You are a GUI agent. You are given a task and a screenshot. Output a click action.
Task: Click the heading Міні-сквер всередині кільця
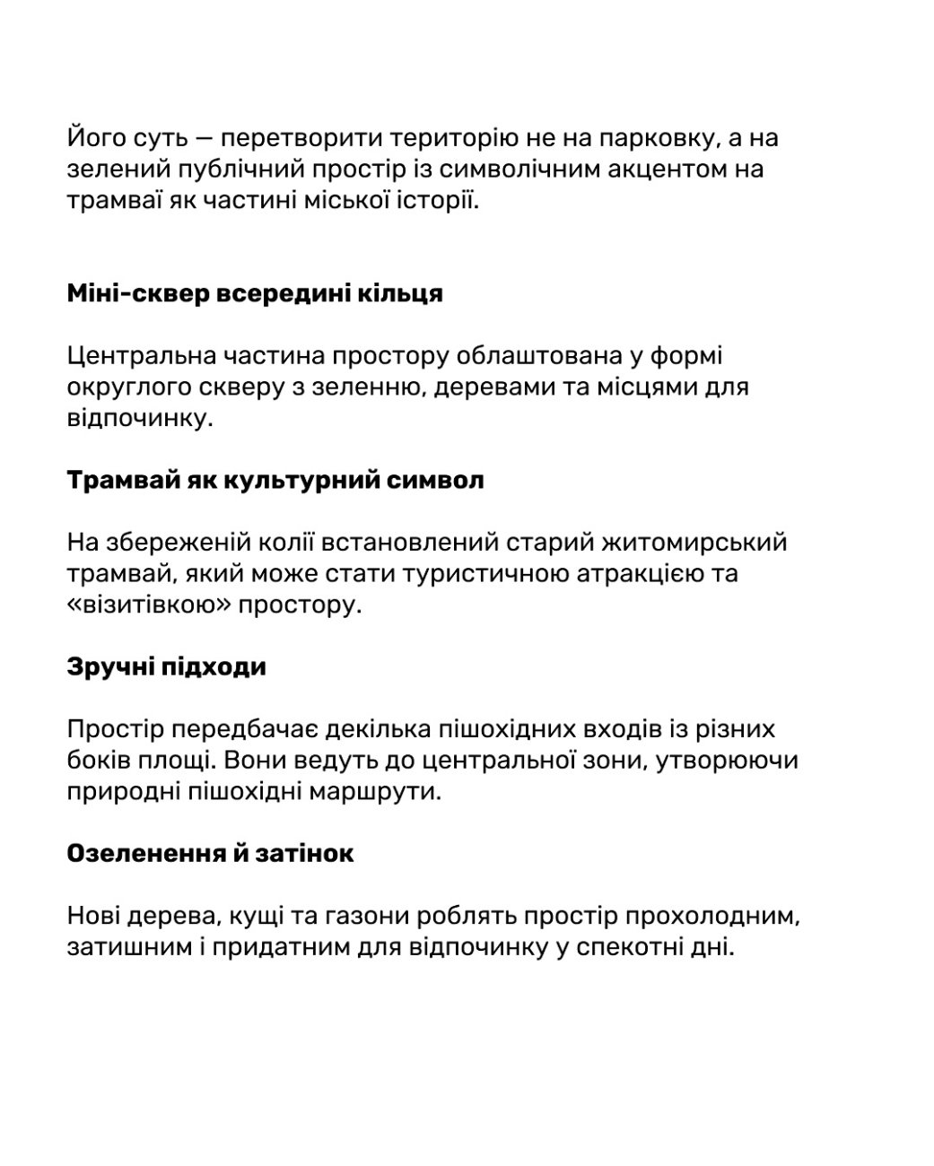tap(255, 293)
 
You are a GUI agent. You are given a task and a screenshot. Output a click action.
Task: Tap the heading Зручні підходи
tap(166, 667)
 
